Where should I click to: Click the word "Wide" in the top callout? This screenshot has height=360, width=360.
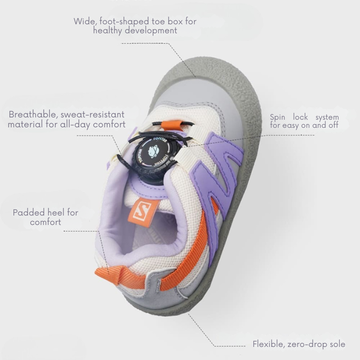[x=84, y=21]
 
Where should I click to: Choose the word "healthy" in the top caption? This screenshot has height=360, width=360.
[x=108, y=31]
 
